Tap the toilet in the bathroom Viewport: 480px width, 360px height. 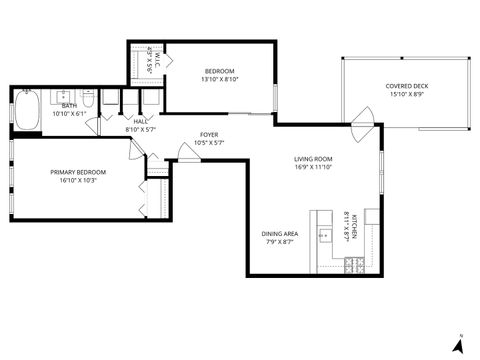[88, 100]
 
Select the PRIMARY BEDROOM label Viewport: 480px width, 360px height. [78, 172]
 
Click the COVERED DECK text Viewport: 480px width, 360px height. [406, 86]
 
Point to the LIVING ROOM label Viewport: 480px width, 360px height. [313, 159]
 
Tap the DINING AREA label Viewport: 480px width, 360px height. [281, 233]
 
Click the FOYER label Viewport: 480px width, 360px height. [209, 134]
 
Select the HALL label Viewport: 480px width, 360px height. [140, 122]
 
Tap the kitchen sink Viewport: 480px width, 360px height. [325, 238]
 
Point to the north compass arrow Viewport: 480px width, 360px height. [458, 345]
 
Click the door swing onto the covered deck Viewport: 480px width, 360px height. [362, 131]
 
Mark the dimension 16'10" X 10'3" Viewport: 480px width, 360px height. [78, 181]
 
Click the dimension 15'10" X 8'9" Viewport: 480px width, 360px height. [406, 95]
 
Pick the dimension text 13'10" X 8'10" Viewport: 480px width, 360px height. [220, 79]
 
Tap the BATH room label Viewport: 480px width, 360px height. [69, 105]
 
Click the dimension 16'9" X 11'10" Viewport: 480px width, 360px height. [313, 167]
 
